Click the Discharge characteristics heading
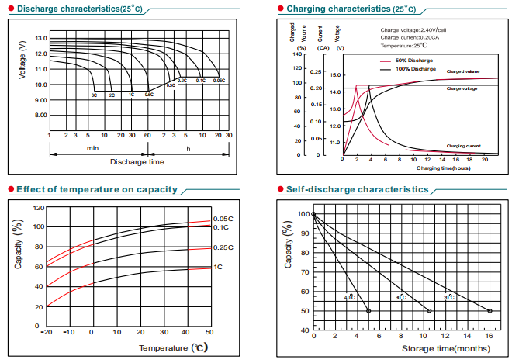69,9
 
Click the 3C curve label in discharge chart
94,95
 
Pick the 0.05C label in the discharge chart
219,81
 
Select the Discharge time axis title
137,162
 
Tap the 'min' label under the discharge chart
92,147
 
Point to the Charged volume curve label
462,71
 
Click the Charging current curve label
463,146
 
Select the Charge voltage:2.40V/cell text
413,30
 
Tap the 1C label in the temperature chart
218,267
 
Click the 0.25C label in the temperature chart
223,247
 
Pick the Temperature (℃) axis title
172,348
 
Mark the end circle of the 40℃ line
368,311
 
